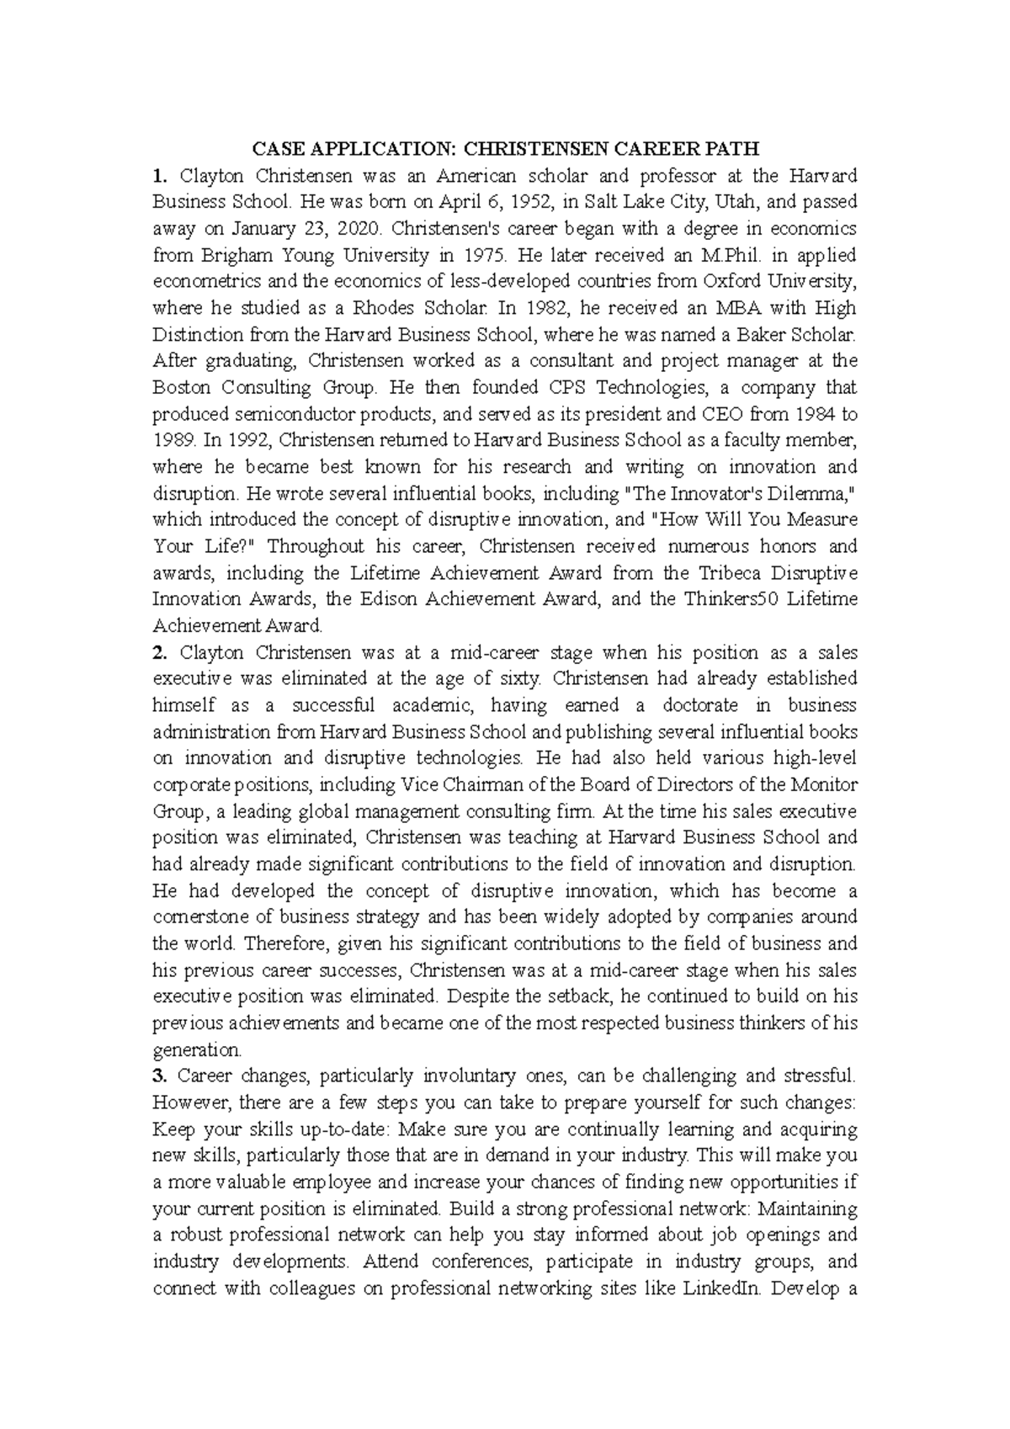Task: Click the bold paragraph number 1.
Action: pos(157,176)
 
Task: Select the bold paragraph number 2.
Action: pos(157,652)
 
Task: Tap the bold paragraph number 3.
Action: pos(157,1076)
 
